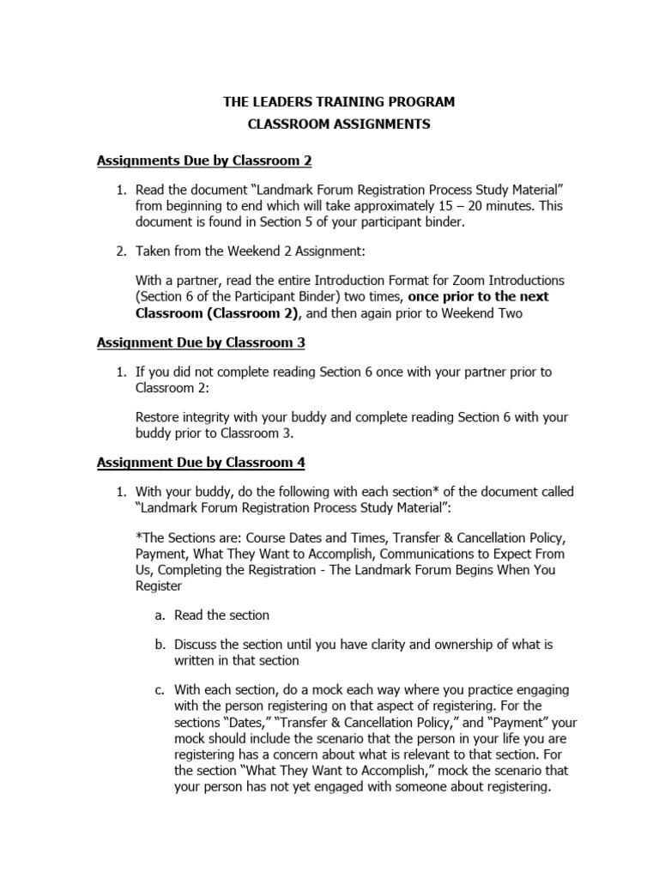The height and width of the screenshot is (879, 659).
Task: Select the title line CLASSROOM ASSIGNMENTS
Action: [x=339, y=124]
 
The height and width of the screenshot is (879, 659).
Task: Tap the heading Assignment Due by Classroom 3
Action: [x=201, y=343]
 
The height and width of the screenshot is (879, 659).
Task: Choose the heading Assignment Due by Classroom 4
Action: [x=201, y=463]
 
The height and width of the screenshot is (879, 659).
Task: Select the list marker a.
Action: [x=159, y=615]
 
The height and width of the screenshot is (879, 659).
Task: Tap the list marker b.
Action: [x=159, y=644]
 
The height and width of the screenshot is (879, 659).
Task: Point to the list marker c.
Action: [x=159, y=689]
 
